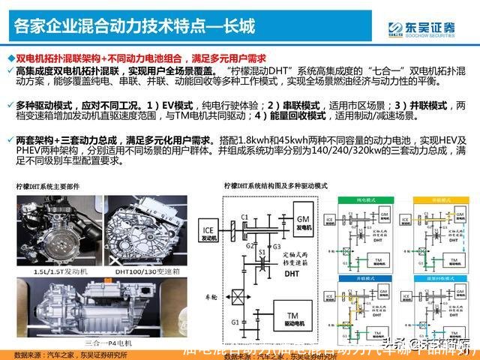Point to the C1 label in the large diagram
click(x=244, y=217)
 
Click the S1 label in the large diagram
click(x=262, y=253)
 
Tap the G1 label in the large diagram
click(x=237, y=324)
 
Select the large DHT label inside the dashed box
click(x=289, y=274)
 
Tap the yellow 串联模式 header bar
click(x=435, y=201)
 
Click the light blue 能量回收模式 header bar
click(x=435, y=277)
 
